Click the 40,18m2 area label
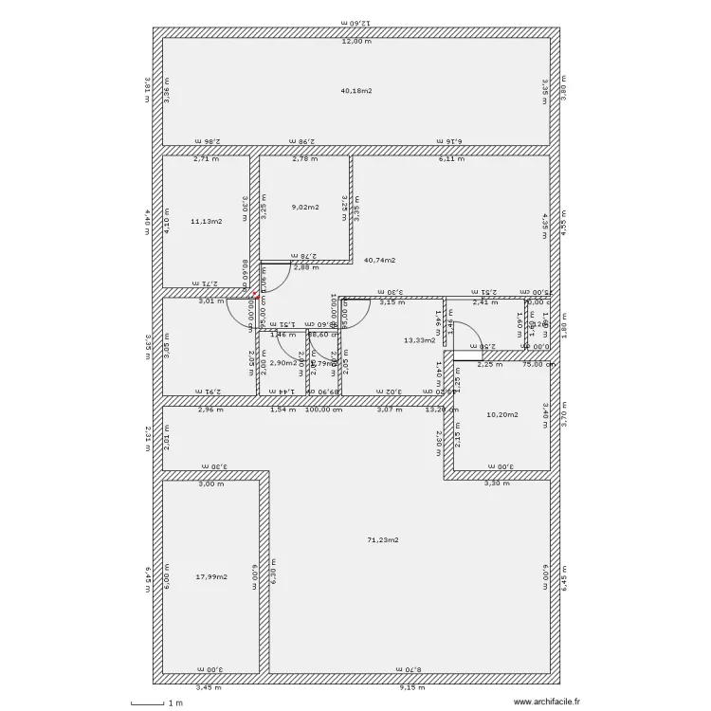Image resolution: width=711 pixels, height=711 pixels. click(x=356, y=91)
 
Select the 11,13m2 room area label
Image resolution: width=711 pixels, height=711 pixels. click(x=206, y=221)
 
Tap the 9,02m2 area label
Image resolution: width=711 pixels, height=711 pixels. click(x=305, y=207)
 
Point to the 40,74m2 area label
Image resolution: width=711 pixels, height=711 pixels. click(x=380, y=260)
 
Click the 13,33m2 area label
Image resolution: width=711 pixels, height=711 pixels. click(x=419, y=339)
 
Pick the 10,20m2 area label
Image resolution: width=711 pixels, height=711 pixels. click(x=501, y=414)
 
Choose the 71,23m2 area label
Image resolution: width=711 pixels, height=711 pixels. click(x=383, y=539)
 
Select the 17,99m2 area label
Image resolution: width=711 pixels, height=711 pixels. click(x=211, y=576)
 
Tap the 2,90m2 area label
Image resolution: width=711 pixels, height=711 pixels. click(x=283, y=362)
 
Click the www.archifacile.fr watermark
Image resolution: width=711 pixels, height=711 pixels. click(x=547, y=702)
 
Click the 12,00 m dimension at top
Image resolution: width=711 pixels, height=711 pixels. click(x=356, y=42)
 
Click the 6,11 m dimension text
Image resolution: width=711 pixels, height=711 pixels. click(x=451, y=159)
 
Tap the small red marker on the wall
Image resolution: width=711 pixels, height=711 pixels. click(x=255, y=293)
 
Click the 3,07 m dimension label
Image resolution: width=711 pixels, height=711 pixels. click(x=390, y=410)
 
